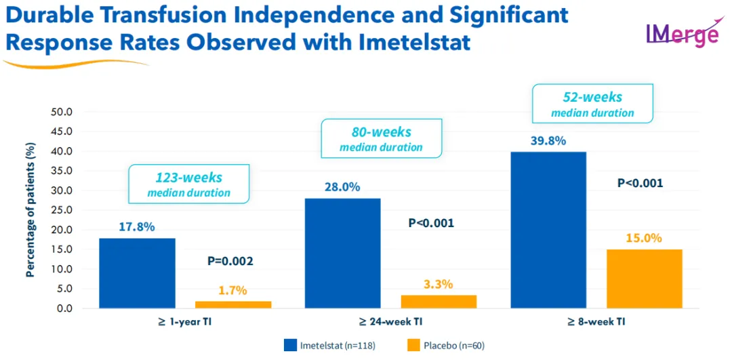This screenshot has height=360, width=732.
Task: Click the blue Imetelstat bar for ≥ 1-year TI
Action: click(x=137, y=273)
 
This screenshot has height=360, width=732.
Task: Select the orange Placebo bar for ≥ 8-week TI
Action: click(x=644, y=279)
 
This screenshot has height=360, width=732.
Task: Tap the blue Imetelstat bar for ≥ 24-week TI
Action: click(x=343, y=253)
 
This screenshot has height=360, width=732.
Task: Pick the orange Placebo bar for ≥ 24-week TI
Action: click(x=439, y=302)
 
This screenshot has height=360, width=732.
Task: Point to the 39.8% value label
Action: click(x=548, y=142)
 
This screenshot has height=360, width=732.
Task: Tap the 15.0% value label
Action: click(x=644, y=239)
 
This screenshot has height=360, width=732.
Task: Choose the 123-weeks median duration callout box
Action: click(x=189, y=184)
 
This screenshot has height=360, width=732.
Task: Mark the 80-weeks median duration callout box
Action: click(x=381, y=138)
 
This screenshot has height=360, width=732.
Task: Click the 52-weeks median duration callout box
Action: click(x=592, y=104)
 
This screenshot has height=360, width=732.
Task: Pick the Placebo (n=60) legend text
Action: click(x=454, y=346)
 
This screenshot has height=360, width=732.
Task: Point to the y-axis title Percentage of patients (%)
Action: click(x=30, y=210)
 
